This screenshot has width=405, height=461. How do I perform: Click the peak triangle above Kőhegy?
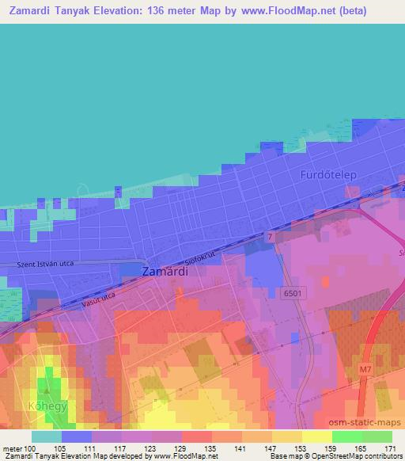click(47, 390)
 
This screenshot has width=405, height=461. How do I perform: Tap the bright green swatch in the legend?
click(346, 436)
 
